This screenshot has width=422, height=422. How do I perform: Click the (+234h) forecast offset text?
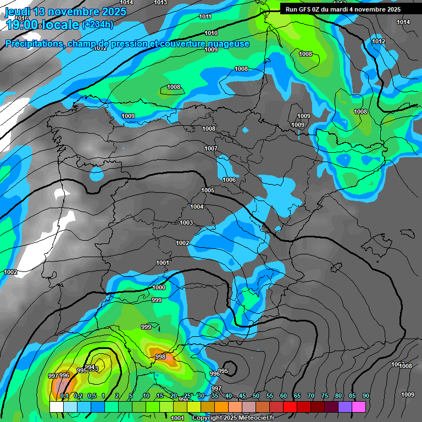click(x=97, y=24)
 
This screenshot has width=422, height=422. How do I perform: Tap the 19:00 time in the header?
click(x=22, y=24)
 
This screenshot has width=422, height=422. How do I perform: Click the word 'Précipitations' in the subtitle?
click(x=33, y=44)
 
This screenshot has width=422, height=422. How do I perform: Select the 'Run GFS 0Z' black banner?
click(x=343, y=9)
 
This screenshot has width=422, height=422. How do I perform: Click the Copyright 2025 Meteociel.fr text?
click(x=233, y=418)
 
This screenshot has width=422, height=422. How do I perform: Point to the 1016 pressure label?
click(x=21, y=18)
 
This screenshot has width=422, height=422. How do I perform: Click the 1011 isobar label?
click(x=205, y=16)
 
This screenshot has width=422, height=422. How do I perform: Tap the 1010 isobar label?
click(x=211, y=33)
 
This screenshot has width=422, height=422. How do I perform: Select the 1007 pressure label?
click(x=211, y=148)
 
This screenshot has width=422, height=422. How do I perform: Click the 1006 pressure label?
click(x=229, y=180)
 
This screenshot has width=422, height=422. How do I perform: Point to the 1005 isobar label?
click(x=208, y=190)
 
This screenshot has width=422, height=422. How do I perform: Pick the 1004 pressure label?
click(x=197, y=207)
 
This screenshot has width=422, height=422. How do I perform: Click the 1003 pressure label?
click(x=186, y=223)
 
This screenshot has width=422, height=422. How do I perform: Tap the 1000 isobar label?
click(x=159, y=287)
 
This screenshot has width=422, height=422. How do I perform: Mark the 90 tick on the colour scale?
click(x=365, y=396)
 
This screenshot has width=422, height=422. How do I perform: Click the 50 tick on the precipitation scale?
click(x=256, y=396)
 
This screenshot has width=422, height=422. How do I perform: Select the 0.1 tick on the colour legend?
click(x=64, y=396)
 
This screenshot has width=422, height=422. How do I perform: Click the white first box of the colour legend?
click(x=56, y=407)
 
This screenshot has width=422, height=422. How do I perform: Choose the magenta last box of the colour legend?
click(x=359, y=407)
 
